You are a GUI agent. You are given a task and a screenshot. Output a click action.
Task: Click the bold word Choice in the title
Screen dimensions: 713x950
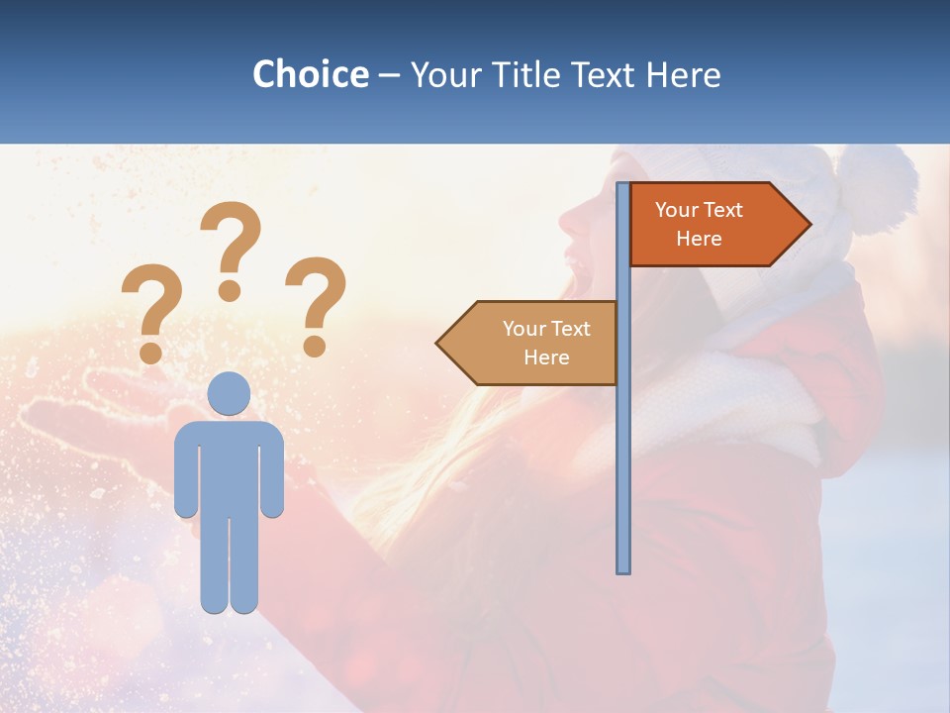coord(310,75)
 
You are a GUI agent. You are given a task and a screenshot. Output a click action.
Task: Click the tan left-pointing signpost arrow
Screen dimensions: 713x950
coord(529,343)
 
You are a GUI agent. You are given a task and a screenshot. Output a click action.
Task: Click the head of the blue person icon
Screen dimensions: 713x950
coord(229,393)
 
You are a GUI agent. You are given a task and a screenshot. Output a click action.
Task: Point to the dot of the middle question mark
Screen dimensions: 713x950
coord(230,289)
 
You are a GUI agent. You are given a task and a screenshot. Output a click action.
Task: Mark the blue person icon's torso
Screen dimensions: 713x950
coord(229,465)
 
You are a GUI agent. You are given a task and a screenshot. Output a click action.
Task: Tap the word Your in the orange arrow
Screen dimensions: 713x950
coord(677,210)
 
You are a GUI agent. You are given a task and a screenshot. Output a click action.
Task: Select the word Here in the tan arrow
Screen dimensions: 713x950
coord(546,357)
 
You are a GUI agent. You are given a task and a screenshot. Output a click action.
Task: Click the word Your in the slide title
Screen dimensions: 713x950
coord(440,75)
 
